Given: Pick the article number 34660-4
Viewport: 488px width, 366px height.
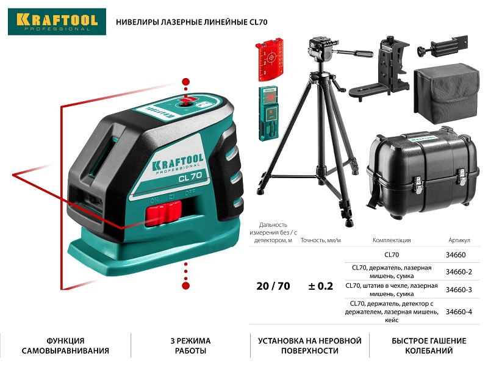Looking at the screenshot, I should click(x=459, y=312).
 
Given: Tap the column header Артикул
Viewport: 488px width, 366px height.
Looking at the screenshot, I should click(x=459, y=240).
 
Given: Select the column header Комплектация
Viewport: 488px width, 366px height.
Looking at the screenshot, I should click(x=392, y=240).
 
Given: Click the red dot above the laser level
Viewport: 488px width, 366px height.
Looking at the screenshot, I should click(x=186, y=82).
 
